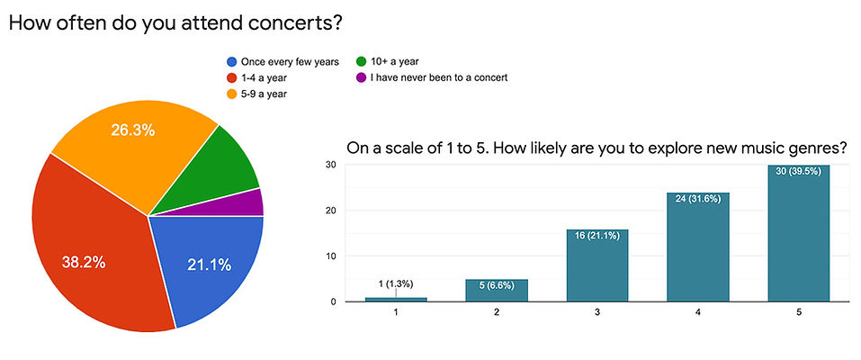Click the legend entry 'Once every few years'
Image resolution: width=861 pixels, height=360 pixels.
(288, 61)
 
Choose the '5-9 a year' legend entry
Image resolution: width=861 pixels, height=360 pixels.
(263, 93)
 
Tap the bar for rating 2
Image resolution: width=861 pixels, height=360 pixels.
(496, 290)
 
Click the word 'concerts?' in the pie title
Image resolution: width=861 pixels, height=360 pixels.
(294, 23)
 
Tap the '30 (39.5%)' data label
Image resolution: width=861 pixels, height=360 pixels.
(798, 172)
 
